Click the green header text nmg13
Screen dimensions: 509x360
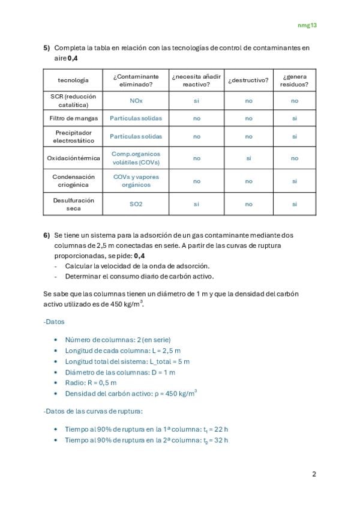307,25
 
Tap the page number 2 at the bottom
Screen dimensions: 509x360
314,474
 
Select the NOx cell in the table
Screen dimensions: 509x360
136,101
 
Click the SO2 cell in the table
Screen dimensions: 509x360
136,204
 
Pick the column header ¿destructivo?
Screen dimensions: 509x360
248,80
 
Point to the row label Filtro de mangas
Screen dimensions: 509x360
73,118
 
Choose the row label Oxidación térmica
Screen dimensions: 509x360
73,158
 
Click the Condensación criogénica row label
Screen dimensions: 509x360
73,181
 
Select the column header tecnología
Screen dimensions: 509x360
73,80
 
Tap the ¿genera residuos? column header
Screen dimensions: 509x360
294,80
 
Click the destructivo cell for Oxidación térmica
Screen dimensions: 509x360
248,158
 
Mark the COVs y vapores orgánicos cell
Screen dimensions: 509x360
136,181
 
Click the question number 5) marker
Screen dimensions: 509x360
46,47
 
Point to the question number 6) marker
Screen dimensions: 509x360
46,235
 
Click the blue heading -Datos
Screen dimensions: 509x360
54,322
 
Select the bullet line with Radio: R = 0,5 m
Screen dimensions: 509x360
91,382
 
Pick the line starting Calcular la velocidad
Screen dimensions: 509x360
137,265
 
